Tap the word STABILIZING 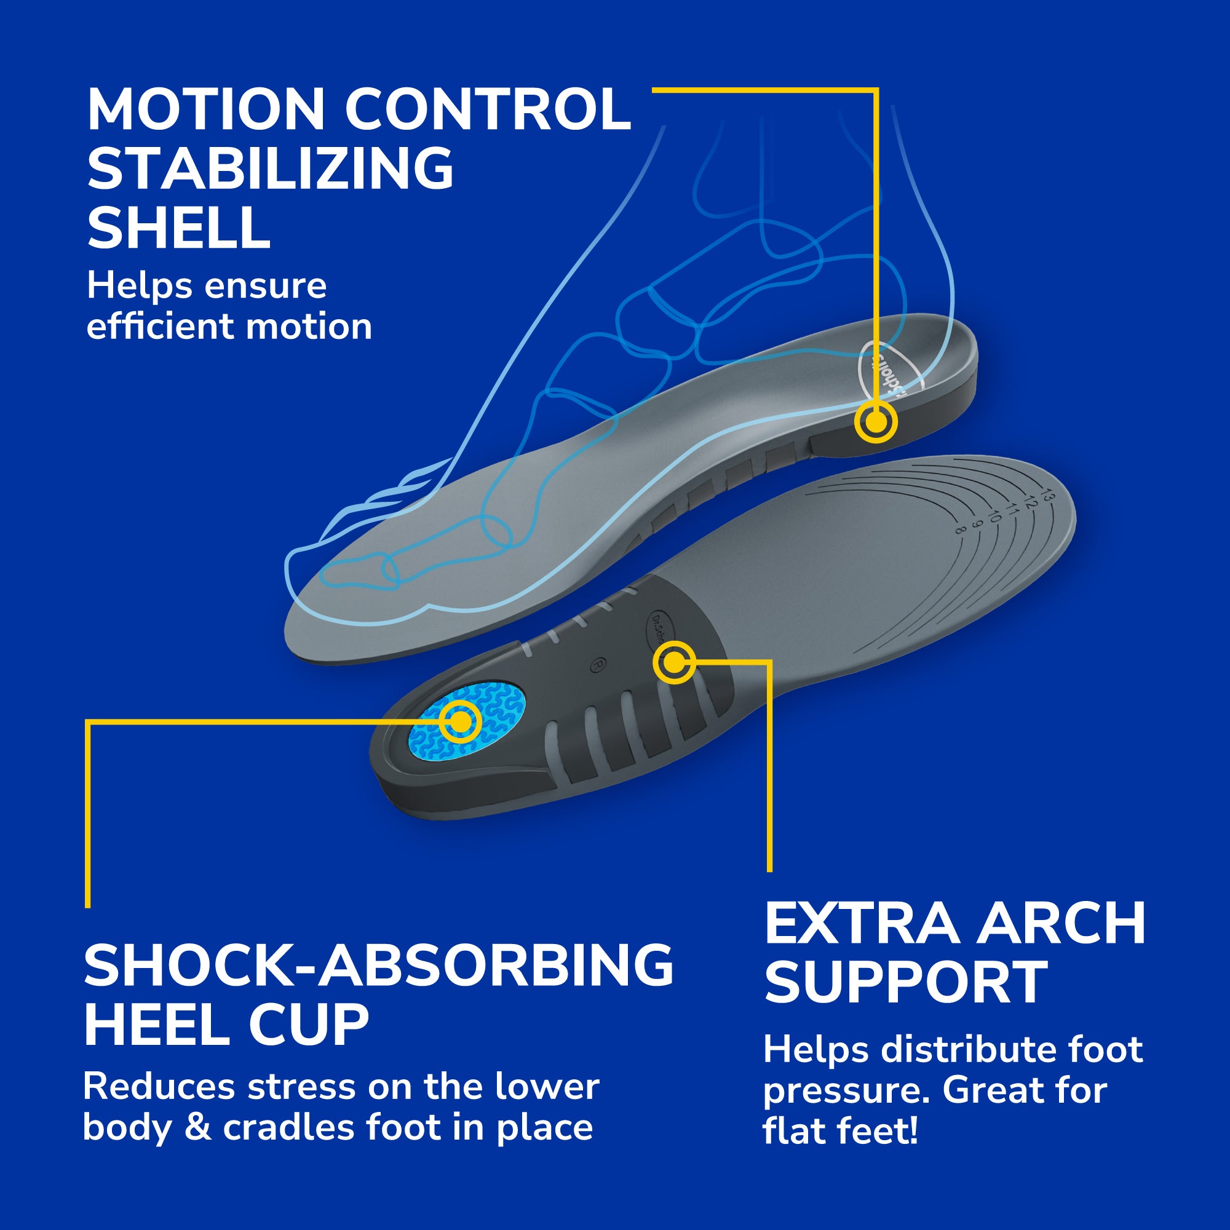coord(271,168)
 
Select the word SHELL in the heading coord(179,228)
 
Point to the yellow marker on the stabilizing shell coord(875,421)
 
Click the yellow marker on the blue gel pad coord(460,722)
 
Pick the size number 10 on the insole coord(994,516)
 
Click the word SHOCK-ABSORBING coord(378,965)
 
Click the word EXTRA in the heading coord(862,924)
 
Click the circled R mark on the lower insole coord(597,665)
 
